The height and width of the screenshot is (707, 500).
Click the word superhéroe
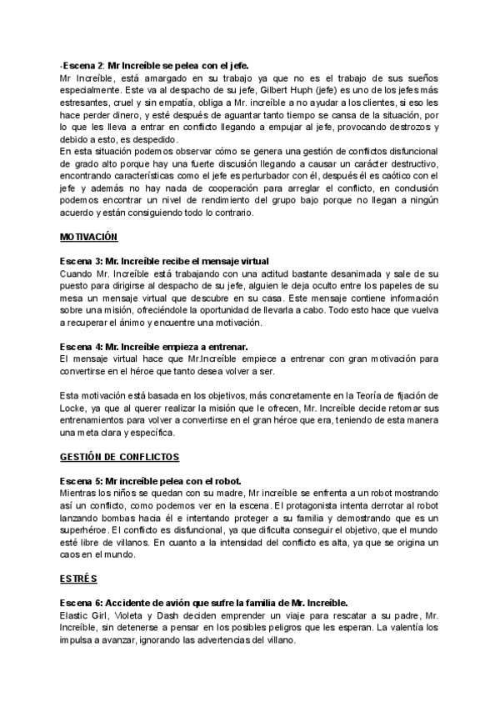click(83, 530)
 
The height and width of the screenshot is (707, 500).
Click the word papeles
click(402, 297)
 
